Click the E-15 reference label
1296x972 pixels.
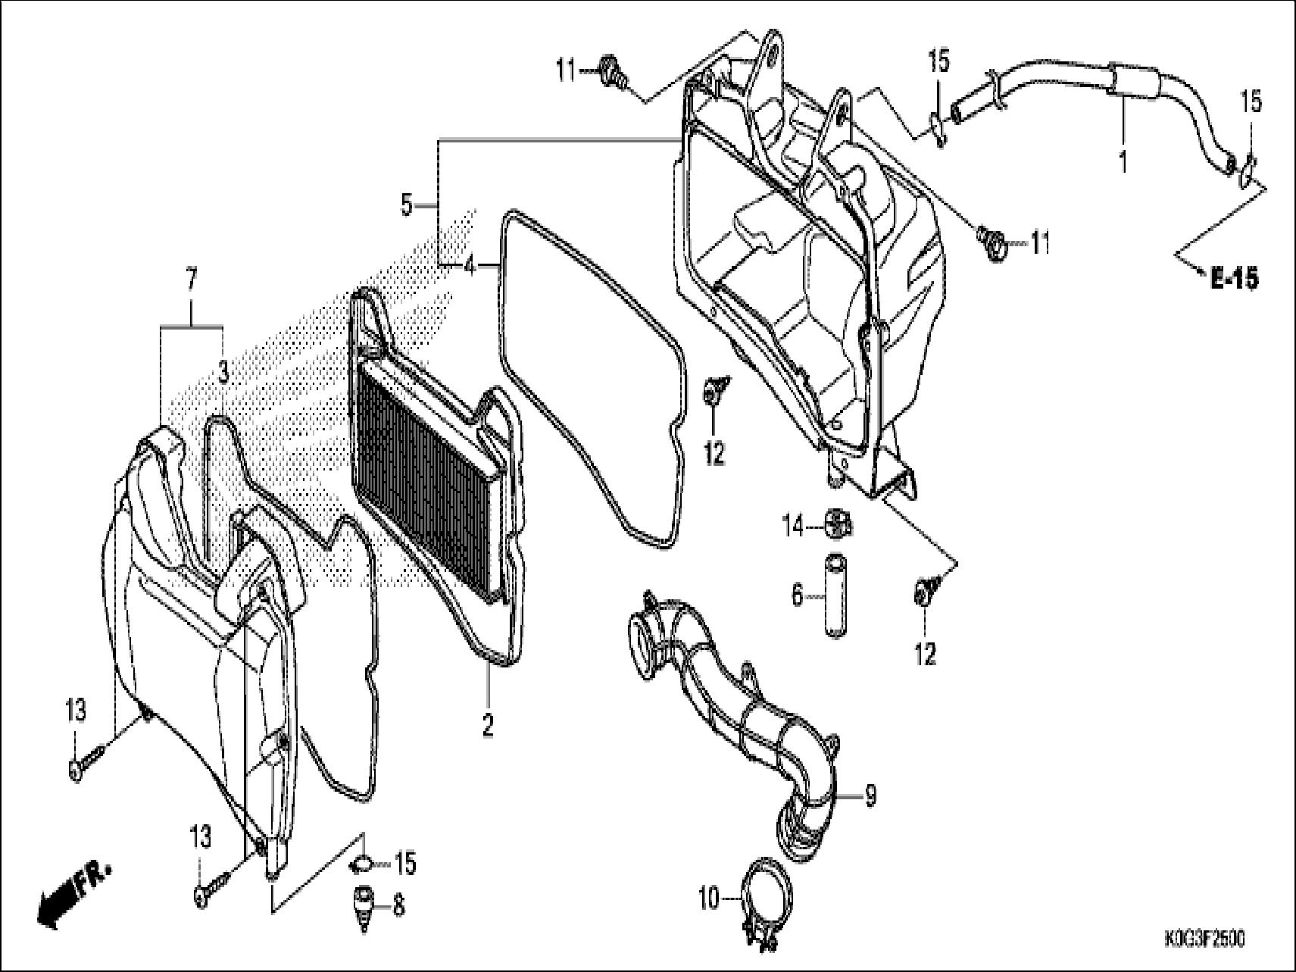(x=1233, y=278)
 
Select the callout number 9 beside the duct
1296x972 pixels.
(x=870, y=795)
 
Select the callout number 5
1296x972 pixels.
(x=408, y=204)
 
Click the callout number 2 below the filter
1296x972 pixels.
(x=488, y=724)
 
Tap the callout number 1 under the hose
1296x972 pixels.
(x=1123, y=161)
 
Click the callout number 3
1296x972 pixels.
(x=224, y=370)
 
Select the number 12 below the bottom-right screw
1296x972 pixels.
(x=926, y=653)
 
